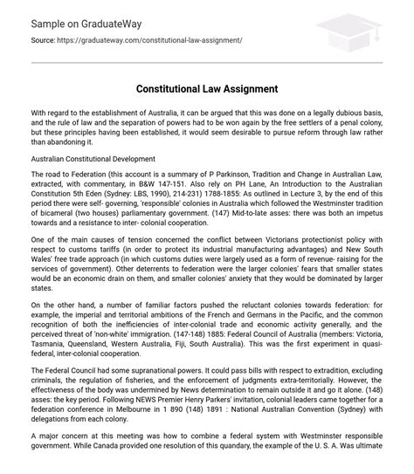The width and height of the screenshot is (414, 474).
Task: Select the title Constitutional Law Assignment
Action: [x=206, y=90]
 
